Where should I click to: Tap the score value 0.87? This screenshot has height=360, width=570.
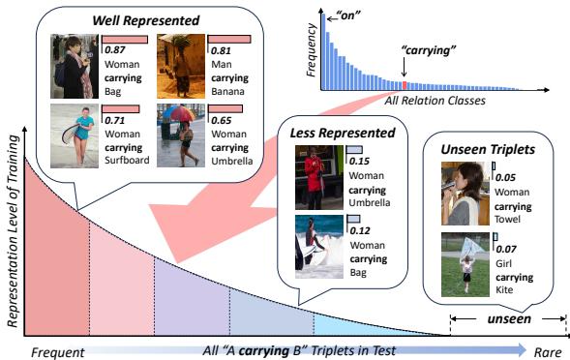113,50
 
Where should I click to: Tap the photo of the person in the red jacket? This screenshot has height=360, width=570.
318,177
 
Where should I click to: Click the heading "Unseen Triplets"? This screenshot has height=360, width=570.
489,151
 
